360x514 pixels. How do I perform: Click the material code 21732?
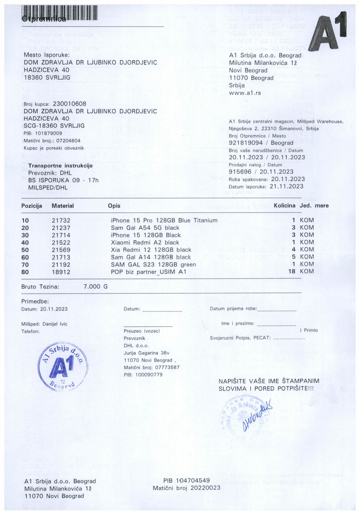click(61, 221)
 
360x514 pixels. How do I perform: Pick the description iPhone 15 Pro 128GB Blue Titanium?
click(164, 221)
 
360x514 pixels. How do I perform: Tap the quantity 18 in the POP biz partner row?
click(292, 271)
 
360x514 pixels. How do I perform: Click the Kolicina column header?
click(284, 206)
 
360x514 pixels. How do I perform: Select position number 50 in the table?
click(25, 250)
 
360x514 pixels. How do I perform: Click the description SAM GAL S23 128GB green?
click(153, 264)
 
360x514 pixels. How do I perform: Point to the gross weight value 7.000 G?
click(95, 286)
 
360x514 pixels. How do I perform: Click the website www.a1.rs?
click(245, 93)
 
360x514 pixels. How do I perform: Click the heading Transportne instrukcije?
click(60, 166)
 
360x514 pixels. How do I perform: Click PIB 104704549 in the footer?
click(186, 480)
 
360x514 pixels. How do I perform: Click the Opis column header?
click(114, 206)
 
